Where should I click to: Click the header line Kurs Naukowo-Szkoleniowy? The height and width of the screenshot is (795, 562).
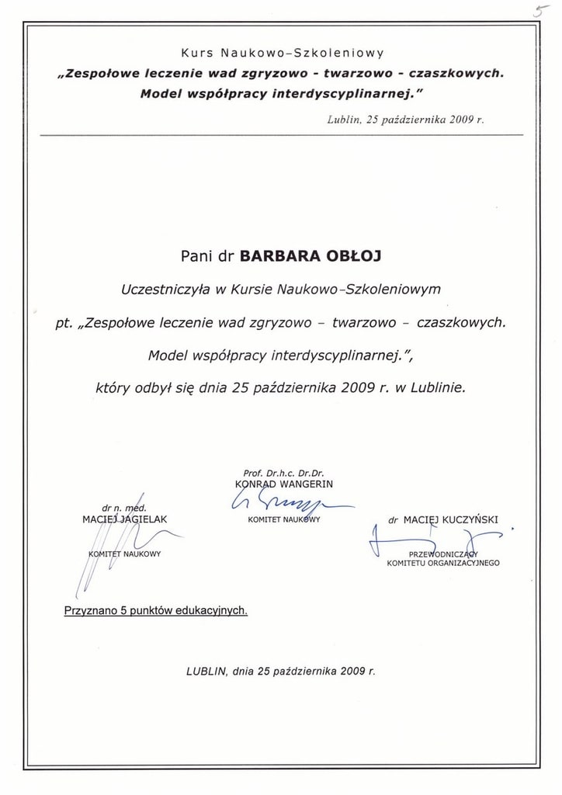pyautogui.click(x=282, y=54)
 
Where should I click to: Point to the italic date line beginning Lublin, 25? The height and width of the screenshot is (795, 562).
pyautogui.click(x=405, y=120)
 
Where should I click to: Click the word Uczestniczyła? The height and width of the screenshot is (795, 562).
pyautogui.click(x=165, y=289)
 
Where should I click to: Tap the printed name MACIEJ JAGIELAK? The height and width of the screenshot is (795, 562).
pyautogui.click(x=125, y=518)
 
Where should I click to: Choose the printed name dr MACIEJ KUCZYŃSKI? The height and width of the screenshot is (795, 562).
pyautogui.click(x=443, y=519)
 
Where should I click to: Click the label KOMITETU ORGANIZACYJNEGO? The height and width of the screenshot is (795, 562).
pyautogui.click(x=443, y=563)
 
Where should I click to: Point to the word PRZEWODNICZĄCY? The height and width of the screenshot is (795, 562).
pyautogui.click(x=444, y=554)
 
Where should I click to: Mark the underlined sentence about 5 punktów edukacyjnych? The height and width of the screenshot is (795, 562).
pyautogui.click(x=155, y=611)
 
